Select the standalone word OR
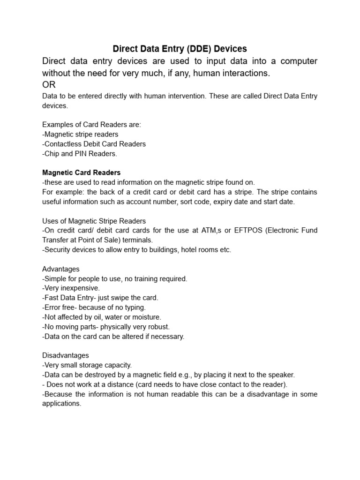click(49, 85)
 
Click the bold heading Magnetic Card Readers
click(81, 172)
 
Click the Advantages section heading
click(61, 269)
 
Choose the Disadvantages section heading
click(66, 355)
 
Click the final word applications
click(61, 404)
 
